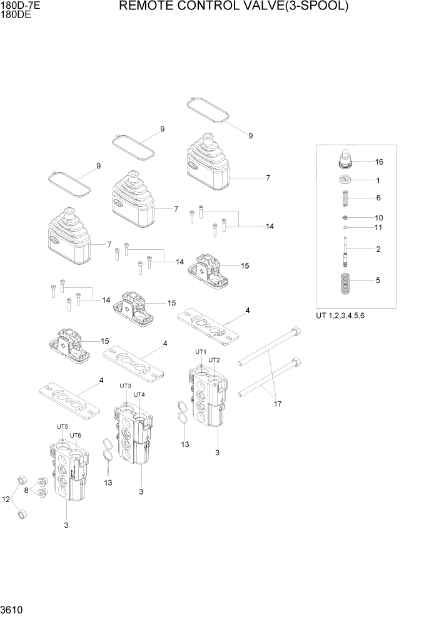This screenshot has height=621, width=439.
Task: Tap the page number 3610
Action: click(x=12, y=609)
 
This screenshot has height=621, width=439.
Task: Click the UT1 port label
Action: click(x=201, y=352)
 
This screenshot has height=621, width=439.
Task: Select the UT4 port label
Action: click(x=139, y=394)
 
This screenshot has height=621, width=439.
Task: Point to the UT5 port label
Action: click(x=63, y=427)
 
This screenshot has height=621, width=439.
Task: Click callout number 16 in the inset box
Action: click(x=379, y=162)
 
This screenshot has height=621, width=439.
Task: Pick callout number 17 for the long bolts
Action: click(x=278, y=404)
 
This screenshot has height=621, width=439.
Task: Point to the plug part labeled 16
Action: click(x=345, y=160)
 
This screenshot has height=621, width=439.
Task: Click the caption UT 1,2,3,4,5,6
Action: click(x=340, y=316)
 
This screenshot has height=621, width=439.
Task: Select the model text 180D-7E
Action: click(x=17, y=5)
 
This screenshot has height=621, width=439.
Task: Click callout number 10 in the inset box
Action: click(x=379, y=218)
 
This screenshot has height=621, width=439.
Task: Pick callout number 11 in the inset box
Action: click(x=378, y=227)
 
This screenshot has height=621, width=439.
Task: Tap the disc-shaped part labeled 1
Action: click(x=345, y=181)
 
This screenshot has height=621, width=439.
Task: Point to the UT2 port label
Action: click(x=214, y=360)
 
